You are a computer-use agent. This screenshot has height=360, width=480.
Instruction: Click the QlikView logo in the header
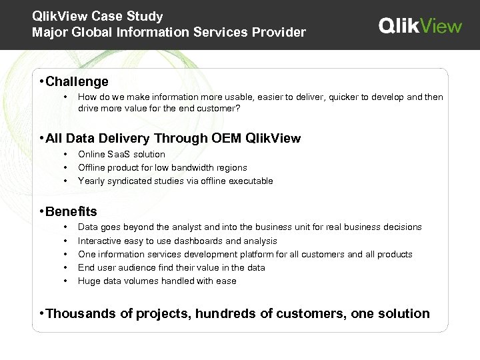click(420, 25)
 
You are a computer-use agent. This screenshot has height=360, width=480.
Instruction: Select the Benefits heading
click(71, 212)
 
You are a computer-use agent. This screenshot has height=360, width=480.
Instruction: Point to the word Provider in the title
click(278, 32)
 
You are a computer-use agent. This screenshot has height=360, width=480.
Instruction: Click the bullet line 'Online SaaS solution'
click(121, 155)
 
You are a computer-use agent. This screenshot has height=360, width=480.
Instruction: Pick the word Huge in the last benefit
click(89, 281)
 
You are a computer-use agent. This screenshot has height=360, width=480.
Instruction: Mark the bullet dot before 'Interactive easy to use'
click(65, 241)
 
